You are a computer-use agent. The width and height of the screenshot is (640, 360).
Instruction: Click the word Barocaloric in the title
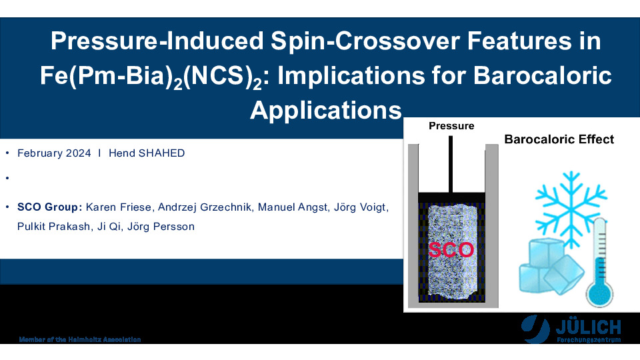click(x=542, y=75)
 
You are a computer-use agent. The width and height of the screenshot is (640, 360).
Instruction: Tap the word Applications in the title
click(x=326, y=110)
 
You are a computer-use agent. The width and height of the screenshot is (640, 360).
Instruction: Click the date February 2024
click(x=54, y=153)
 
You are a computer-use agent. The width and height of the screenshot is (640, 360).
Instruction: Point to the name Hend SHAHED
click(x=147, y=153)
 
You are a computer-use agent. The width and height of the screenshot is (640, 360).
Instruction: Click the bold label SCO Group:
click(x=50, y=207)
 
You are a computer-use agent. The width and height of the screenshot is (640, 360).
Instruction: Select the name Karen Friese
click(x=119, y=207)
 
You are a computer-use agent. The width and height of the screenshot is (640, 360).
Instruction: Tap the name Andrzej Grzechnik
click(x=205, y=207)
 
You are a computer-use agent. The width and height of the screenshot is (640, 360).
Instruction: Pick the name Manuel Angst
click(x=293, y=207)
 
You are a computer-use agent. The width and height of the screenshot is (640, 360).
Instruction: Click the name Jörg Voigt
click(x=359, y=207)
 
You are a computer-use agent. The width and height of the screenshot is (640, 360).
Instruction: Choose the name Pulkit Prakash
click(x=53, y=227)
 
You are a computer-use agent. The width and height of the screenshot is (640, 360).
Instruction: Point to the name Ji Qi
click(x=109, y=227)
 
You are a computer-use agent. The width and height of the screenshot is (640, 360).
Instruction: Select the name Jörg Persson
click(x=161, y=227)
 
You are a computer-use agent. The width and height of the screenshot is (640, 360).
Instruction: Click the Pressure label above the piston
click(x=451, y=126)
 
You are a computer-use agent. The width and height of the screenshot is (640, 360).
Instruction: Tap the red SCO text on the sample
click(x=451, y=249)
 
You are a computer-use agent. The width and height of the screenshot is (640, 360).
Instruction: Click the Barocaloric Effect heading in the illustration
click(x=559, y=139)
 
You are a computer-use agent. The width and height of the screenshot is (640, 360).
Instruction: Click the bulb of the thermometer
click(x=599, y=293)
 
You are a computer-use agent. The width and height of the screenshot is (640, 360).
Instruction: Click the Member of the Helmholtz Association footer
click(x=80, y=339)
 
